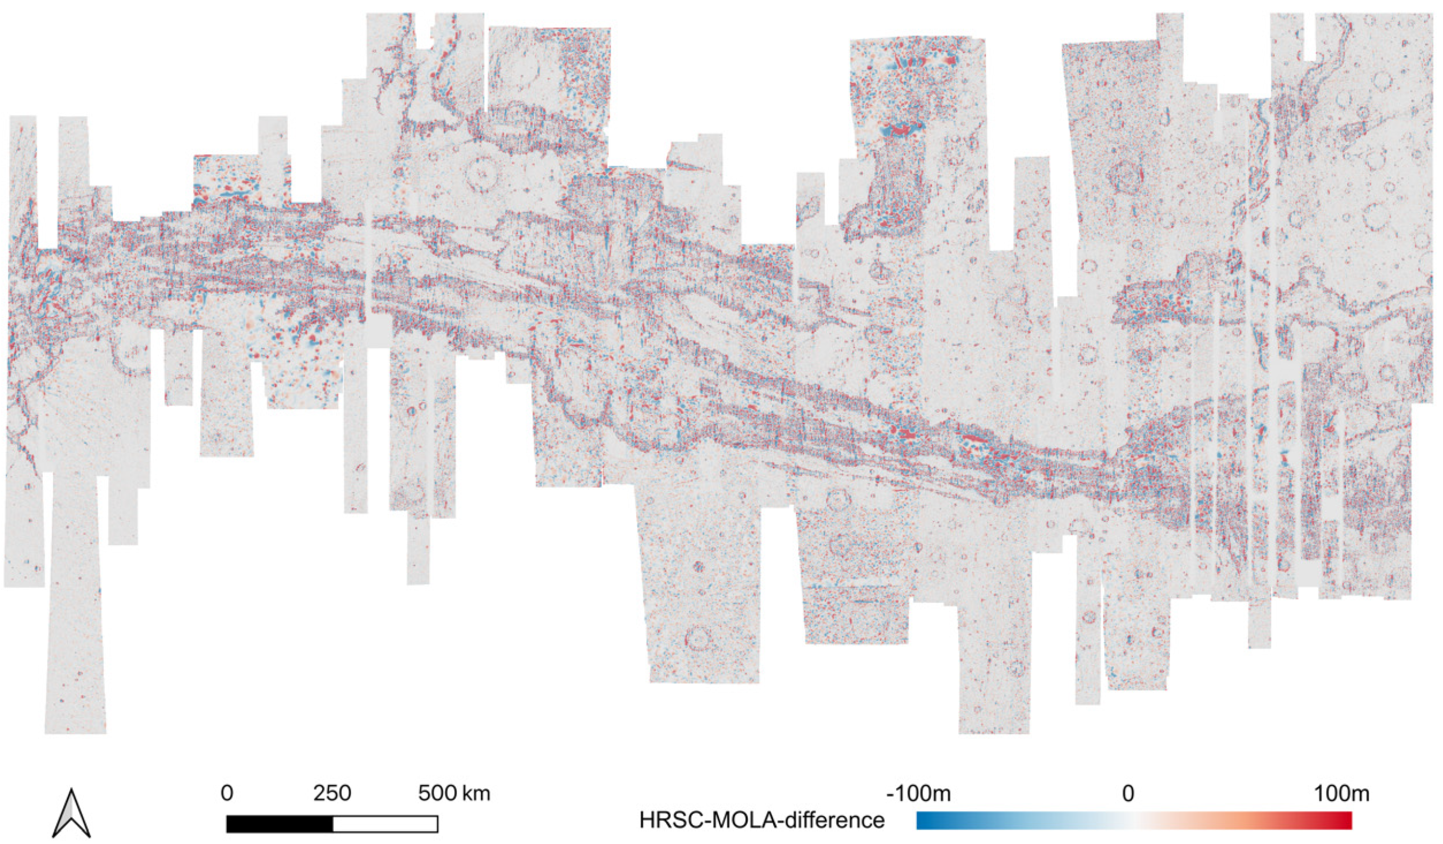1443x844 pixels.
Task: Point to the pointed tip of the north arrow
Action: tap(72, 790)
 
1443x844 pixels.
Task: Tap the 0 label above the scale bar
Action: tap(227, 794)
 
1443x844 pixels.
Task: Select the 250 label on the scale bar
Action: tap(332, 794)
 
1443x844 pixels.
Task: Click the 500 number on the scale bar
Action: tap(437, 794)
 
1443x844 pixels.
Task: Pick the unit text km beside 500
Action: tap(477, 794)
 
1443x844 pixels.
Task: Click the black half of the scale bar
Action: tap(280, 824)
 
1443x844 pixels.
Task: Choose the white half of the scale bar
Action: tap(385, 824)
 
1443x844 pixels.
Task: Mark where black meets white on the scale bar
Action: tap(333, 824)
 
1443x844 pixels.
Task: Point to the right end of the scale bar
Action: tap(438, 824)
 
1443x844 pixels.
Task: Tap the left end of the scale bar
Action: tap(227, 824)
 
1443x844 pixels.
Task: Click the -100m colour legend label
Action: tap(918, 794)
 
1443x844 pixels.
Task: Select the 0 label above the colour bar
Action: tap(1128, 794)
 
